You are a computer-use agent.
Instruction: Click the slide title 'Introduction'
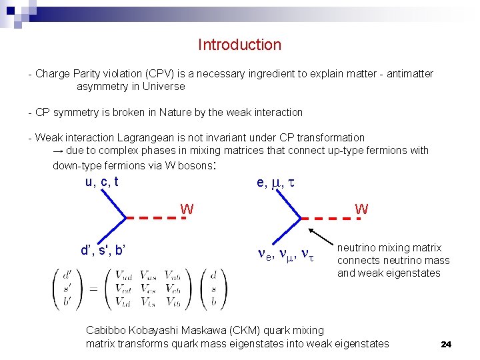tap(239, 45)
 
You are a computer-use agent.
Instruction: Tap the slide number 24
tap(446, 344)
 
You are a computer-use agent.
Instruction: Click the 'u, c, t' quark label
tap(101, 182)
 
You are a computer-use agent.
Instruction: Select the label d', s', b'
tap(103, 251)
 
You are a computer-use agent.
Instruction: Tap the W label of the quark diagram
tap(187, 209)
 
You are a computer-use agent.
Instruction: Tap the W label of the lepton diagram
tap(361, 209)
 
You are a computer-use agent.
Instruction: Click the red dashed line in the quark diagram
tap(155, 217)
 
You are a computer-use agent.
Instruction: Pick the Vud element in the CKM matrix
tap(123, 275)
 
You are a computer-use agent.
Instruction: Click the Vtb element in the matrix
tap(171, 301)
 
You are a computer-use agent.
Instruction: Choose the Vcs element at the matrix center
tap(147, 288)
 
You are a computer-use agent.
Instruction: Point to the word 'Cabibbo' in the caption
tap(107, 330)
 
